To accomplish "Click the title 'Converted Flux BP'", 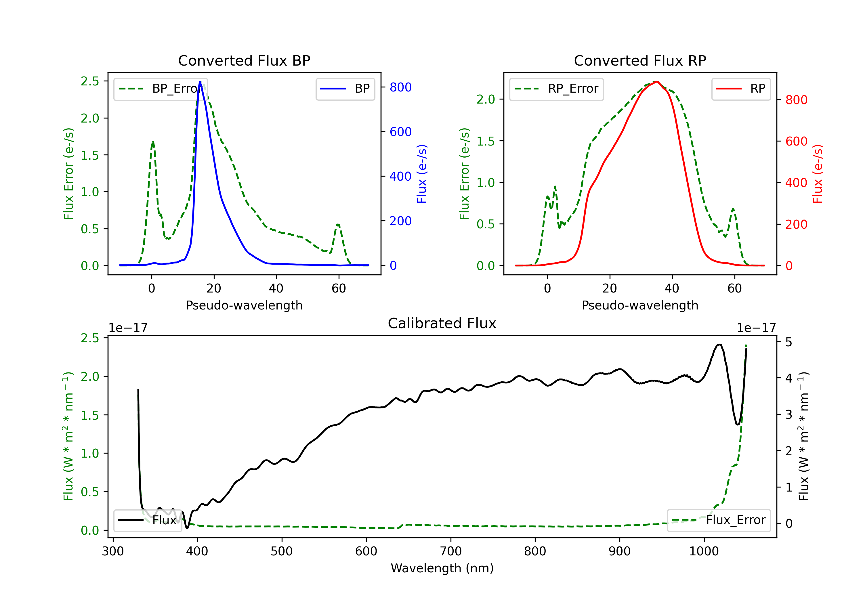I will tap(244, 60).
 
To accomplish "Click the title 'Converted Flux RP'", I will tap(640, 60).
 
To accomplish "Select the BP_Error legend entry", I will tap(161, 89).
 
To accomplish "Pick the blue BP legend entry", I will tap(345, 89).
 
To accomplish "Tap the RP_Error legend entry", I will tap(556, 89).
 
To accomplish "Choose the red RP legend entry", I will tap(741, 89).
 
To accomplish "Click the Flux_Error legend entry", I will tap(719, 520).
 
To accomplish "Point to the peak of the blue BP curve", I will tap(200, 82).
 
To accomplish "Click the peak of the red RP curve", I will tap(656, 82).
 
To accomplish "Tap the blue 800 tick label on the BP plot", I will tap(400, 87).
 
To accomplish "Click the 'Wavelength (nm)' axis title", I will tap(442, 568).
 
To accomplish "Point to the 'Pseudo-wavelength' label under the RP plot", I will tap(640, 305).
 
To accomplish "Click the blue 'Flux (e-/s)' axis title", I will tap(422, 174).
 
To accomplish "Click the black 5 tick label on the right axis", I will tap(788, 342).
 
